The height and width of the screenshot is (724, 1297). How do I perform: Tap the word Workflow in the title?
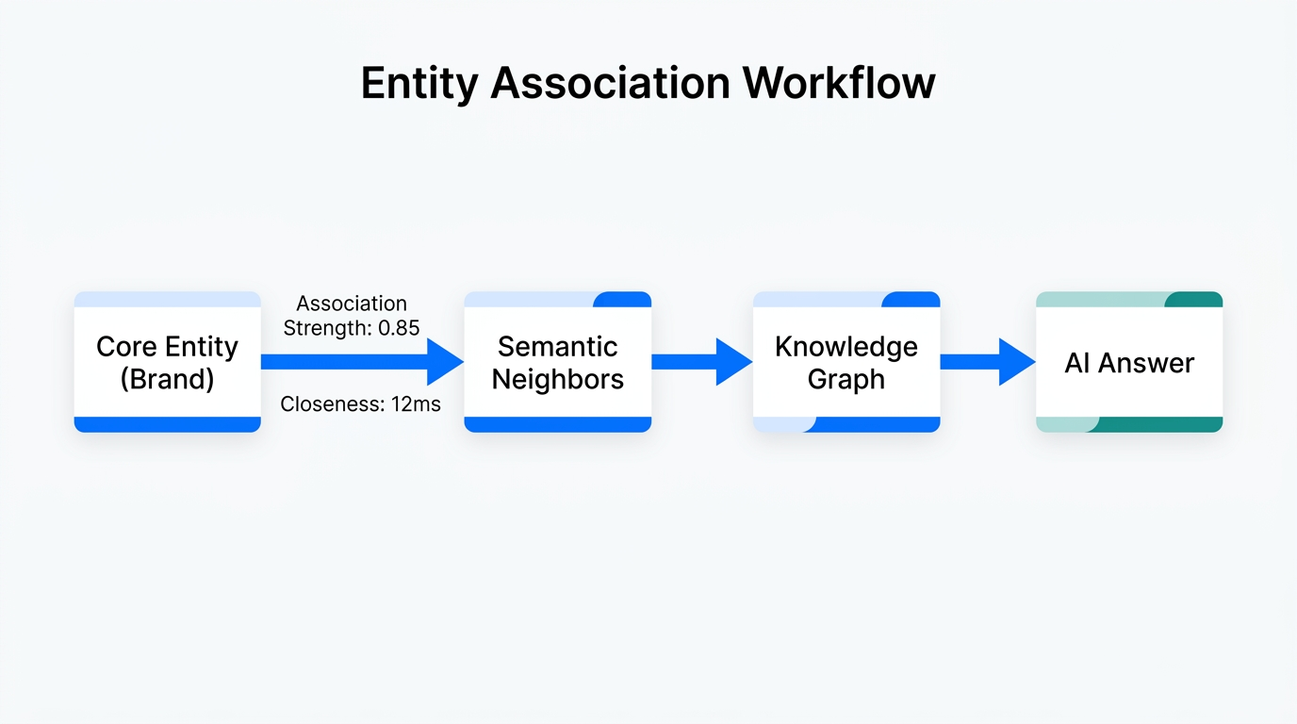coord(839,83)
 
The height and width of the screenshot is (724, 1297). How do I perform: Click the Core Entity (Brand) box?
coord(167,362)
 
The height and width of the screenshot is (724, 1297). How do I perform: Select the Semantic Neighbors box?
coord(557,362)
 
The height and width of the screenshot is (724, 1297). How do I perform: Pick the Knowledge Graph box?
coord(846,362)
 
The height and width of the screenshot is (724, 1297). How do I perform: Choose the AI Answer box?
coord(1128,363)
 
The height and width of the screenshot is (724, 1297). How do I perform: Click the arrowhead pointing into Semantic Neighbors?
coord(444,362)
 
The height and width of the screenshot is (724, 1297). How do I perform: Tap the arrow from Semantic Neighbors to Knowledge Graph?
coord(701,362)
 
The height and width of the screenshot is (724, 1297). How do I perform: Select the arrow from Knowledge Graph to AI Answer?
coord(987,362)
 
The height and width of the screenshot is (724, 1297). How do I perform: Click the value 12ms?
coord(417,404)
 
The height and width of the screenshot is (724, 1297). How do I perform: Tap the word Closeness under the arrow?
coord(330,404)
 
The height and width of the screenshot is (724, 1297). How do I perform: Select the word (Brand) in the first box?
coord(167,379)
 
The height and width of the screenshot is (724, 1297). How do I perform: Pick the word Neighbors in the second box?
coord(557,379)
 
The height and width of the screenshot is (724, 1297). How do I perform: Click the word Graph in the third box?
coord(846,379)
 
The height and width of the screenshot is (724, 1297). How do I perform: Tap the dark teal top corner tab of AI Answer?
coord(1193,300)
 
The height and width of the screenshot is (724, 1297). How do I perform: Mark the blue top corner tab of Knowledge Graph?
coord(911,300)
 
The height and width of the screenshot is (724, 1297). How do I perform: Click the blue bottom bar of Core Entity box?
coord(167,424)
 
